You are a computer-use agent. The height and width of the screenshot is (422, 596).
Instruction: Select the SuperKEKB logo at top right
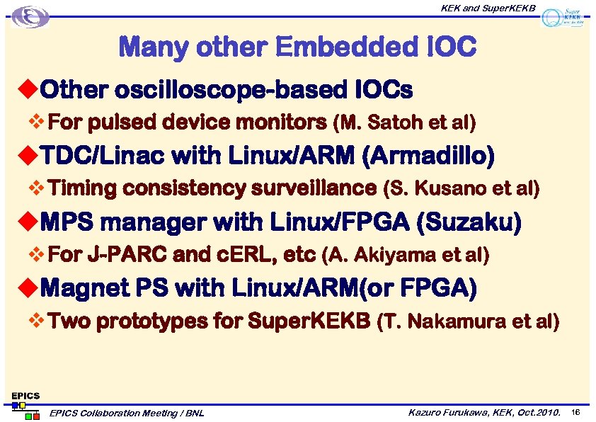pyautogui.click(x=563, y=18)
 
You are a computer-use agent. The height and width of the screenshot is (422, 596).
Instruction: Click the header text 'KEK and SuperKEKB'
pyautogui.click(x=488, y=8)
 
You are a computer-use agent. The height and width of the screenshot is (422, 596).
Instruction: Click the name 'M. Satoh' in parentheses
pyautogui.click(x=383, y=123)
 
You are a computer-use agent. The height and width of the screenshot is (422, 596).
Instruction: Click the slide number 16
pyautogui.click(x=575, y=412)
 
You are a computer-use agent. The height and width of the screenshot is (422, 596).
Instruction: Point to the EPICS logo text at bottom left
pyautogui.click(x=25, y=395)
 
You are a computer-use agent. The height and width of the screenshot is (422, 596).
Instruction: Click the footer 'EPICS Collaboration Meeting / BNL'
pyautogui.click(x=127, y=413)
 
